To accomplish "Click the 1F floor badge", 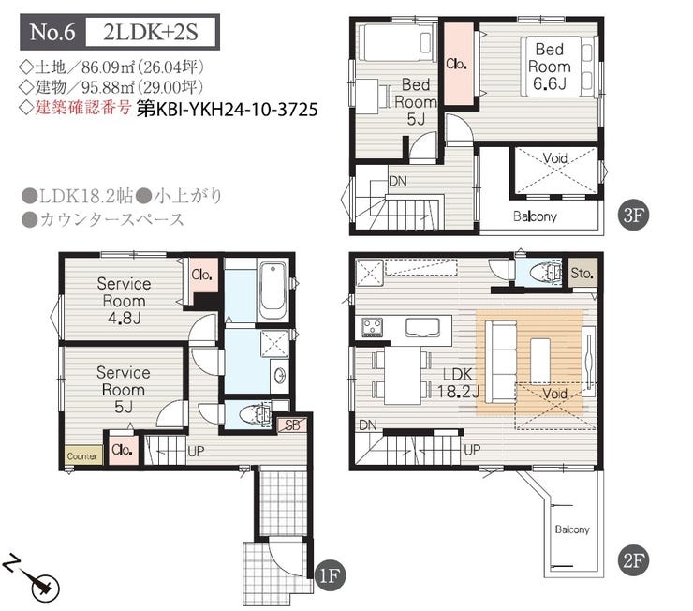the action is tap(329, 576).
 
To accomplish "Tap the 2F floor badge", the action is tap(633, 561).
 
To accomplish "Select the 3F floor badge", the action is tap(633, 216).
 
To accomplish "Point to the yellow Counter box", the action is tap(82, 455).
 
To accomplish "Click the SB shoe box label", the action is tap(291, 425).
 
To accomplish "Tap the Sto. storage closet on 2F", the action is tap(582, 273).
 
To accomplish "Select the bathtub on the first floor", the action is tap(273, 291).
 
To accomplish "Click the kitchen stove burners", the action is tap(372, 327).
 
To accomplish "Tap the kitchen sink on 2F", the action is tap(422, 328).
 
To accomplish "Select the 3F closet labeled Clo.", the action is tap(458, 64).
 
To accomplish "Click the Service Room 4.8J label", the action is tap(124, 301).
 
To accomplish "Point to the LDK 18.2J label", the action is tap(458, 382).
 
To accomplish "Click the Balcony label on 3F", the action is tap(535, 216).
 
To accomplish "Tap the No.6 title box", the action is tap(52, 32).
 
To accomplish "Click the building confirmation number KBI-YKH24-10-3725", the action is tap(228, 110).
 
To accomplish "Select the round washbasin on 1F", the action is tap(279, 376).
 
